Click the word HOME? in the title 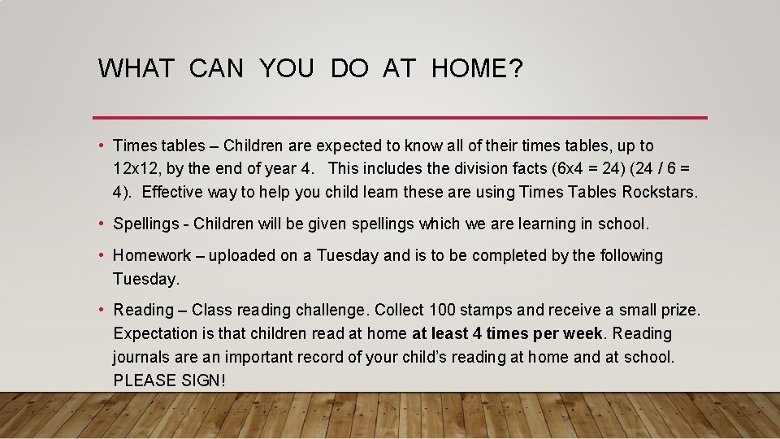pos(477,69)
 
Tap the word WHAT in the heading pos(136,69)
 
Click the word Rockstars pos(659,193)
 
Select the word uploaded pos(242,255)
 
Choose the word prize pos(678,310)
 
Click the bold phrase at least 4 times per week pos(508,333)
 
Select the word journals pos(142,357)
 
